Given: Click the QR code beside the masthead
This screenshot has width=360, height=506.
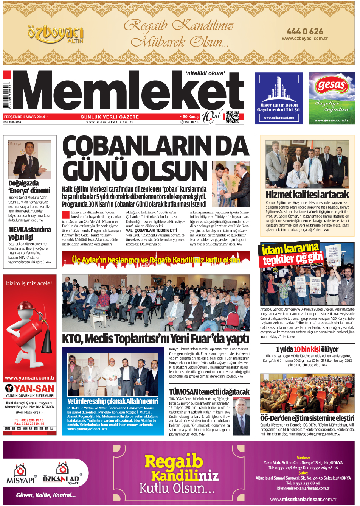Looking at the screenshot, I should pos(232,117).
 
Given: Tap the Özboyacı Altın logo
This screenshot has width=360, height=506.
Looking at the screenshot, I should pos(55,34).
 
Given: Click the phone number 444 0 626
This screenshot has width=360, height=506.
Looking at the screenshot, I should pos(305,31).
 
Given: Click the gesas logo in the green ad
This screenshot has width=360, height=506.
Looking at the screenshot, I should pos(331,85).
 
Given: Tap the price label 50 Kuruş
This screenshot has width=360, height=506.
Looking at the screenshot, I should pos(190,117).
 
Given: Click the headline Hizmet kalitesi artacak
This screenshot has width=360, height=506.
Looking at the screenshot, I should pos(307,195).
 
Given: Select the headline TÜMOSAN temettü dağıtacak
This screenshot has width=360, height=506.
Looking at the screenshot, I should pos(209,392).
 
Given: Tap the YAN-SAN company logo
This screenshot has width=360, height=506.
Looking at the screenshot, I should pos(29,389).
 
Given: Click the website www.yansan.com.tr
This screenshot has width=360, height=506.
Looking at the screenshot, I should pos(29,377).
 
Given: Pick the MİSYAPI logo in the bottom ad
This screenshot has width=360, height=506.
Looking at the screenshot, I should pos(21,475).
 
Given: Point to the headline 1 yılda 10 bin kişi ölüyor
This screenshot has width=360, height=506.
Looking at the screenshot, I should pos(307,349).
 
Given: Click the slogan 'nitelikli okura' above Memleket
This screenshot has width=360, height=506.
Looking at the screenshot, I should pos(205,73).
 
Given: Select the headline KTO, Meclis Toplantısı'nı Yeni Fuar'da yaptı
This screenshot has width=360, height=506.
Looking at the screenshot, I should pos(155,338).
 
